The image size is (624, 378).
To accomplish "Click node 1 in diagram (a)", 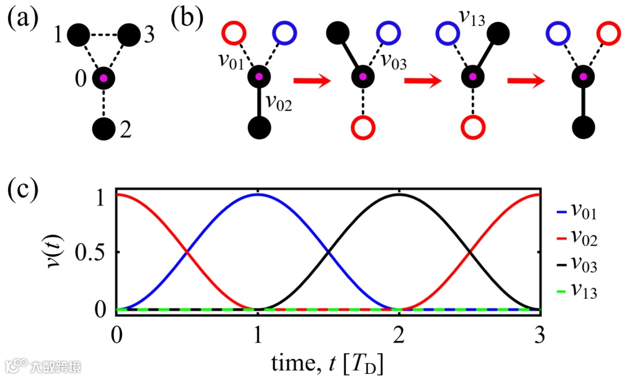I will coord(79,35).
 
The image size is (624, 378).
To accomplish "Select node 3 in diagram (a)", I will coord(130,35).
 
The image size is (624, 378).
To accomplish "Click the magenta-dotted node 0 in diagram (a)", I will coord(104,78).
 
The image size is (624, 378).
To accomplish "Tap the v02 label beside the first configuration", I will coord(279,105).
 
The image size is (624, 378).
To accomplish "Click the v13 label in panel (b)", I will coord(472,16).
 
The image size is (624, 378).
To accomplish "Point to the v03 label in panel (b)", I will coord(394,61).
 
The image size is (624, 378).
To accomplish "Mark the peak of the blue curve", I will coord(258,194).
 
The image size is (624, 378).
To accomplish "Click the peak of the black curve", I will coord(399,194).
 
